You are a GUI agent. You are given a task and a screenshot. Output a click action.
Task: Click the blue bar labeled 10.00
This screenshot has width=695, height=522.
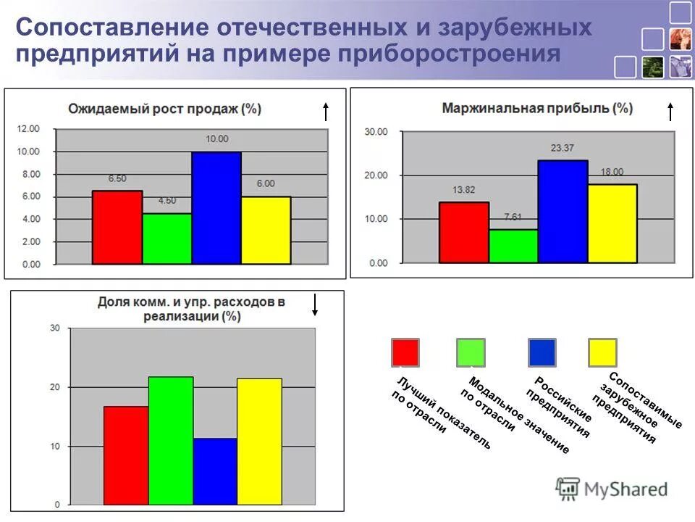pyautogui.click(x=216, y=208)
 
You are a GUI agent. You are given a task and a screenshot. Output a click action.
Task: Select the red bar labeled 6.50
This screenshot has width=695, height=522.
pyautogui.click(x=117, y=228)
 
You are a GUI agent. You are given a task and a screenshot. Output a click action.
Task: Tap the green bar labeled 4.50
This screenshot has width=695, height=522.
pyautogui.click(x=167, y=239)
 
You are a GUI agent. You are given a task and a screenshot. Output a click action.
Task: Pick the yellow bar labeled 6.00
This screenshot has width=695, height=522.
pyautogui.click(x=266, y=231)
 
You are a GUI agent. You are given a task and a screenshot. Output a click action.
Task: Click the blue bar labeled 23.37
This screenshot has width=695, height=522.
pyautogui.click(x=563, y=212)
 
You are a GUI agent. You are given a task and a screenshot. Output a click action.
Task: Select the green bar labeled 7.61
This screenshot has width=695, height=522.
pyautogui.click(x=513, y=246)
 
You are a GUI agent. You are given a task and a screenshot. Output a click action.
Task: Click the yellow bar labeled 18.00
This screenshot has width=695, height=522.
pyautogui.click(x=612, y=223)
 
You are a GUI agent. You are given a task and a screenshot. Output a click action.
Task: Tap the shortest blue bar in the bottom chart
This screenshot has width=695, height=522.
pyautogui.click(x=215, y=471)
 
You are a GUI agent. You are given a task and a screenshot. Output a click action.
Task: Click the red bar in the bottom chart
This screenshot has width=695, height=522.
pyautogui.click(x=126, y=455)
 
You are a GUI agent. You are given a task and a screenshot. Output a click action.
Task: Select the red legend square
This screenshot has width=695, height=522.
pyautogui.click(x=405, y=352)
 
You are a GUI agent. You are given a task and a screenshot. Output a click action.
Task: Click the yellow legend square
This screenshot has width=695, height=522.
pyautogui.click(x=602, y=352)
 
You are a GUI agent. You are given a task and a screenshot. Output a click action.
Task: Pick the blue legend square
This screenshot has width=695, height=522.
pyautogui.click(x=542, y=352)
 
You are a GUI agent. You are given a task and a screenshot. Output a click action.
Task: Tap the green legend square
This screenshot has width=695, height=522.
pyautogui.click(x=471, y=352)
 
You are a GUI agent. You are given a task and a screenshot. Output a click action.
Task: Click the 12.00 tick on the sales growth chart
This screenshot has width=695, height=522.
pyautogui.click(x=29, y=129)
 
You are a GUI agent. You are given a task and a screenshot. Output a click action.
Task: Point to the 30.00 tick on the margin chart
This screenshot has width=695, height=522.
pyautogui.click(x=377, y=132)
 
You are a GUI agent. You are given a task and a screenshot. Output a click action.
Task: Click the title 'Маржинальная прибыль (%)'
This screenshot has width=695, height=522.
pyautogui.click(x=537, y=109)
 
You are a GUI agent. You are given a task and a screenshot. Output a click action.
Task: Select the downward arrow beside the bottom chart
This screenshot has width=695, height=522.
pyautogui.click(x=315, y=304)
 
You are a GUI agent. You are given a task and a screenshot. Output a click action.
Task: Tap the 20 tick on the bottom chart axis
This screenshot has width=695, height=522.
pyautogui.click(x=54, y=387)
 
